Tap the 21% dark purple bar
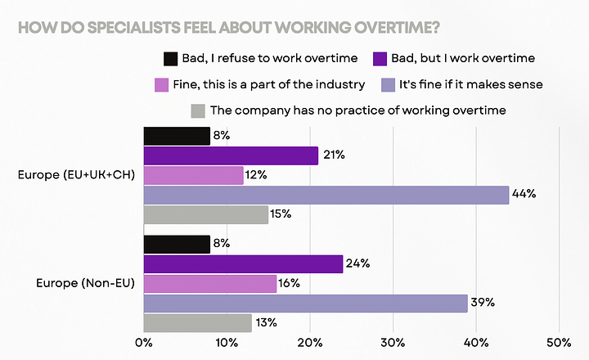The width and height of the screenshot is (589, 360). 231,155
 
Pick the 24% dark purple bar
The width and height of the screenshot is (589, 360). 243,263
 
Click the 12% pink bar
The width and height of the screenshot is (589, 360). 193,175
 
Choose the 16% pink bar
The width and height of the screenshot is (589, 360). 209,283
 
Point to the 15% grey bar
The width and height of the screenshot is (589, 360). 205,214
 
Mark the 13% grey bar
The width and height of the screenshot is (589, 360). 197,323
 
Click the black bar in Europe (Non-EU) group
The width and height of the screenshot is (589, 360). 177,244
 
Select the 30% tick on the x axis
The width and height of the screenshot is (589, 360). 393,341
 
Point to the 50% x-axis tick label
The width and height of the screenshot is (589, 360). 559,341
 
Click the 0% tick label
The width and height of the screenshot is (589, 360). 144,341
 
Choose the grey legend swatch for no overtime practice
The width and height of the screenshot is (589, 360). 197,110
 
